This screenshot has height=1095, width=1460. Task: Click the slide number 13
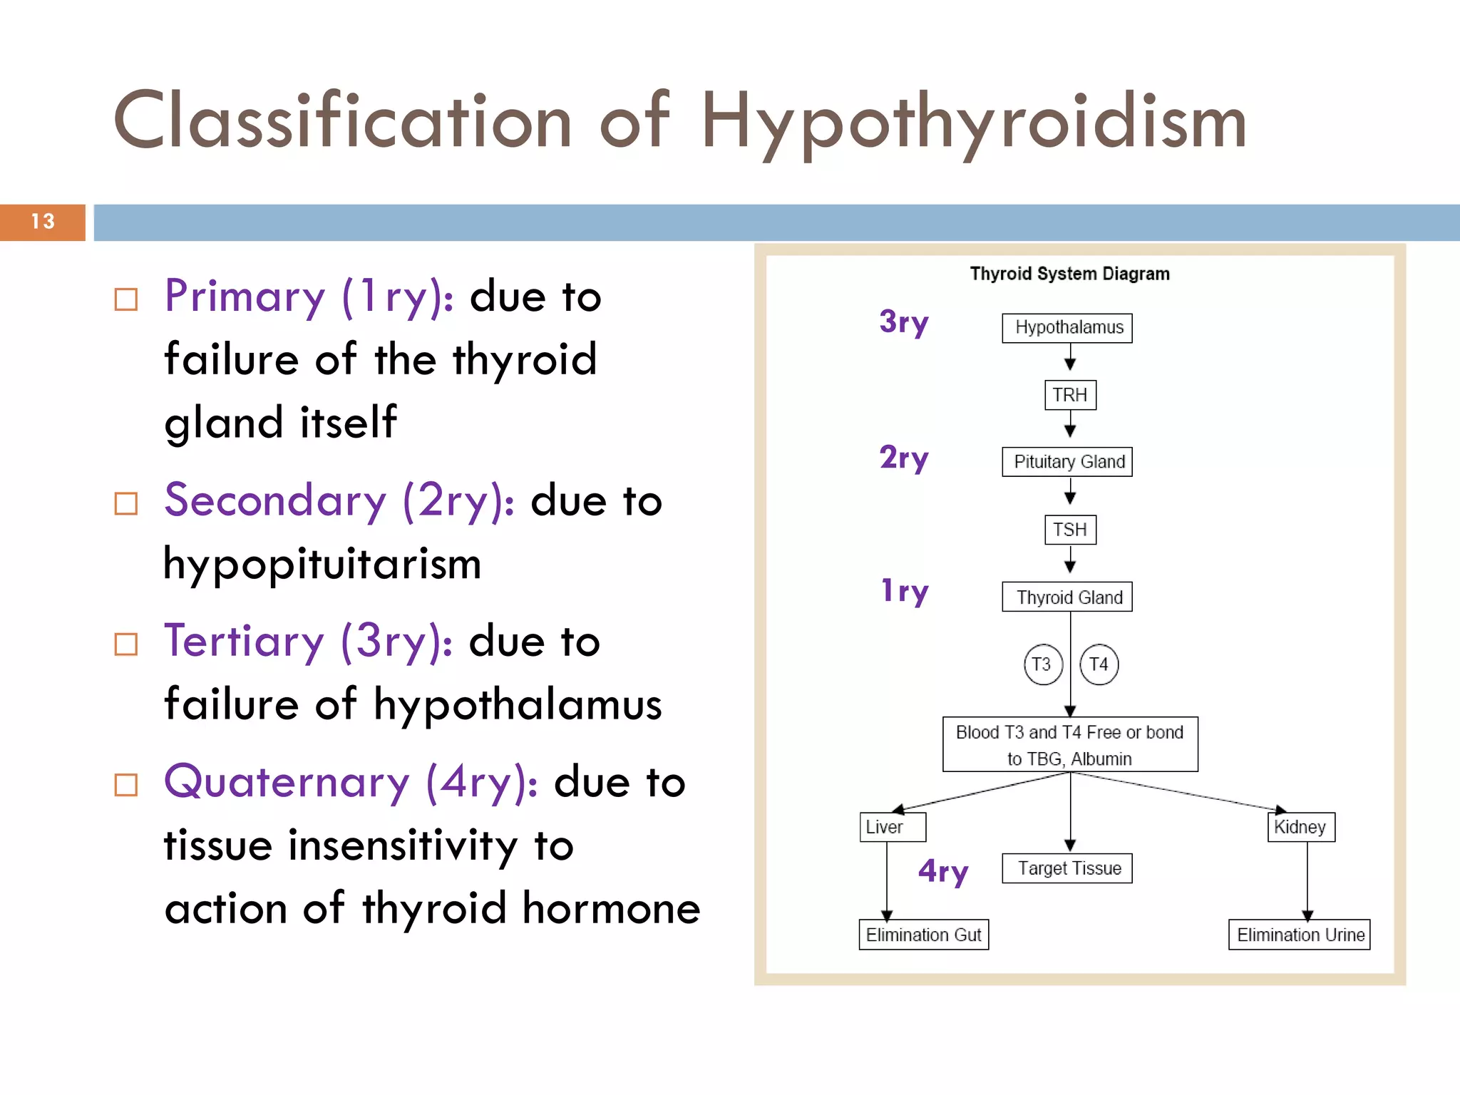point(43,222)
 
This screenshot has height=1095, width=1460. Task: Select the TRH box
point(1069,395)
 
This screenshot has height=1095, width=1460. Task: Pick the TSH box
point(1069,530)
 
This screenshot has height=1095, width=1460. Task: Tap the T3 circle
point(1042,664)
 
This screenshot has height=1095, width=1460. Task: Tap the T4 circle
point(1099,664)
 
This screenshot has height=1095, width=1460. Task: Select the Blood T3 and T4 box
point(1069,744)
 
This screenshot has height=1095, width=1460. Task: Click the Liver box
point(892,827)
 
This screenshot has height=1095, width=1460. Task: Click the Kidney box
point(1301,827)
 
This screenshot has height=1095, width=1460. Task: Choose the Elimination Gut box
point(923,935)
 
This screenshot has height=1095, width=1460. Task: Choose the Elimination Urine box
point(1299,935)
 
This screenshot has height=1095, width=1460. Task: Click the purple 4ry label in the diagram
point(943,871)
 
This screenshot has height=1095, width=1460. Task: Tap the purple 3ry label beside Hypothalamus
point(904,322)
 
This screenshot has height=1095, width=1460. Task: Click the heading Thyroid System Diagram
point(1069,274)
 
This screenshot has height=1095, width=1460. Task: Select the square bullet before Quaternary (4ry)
point(126,785)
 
